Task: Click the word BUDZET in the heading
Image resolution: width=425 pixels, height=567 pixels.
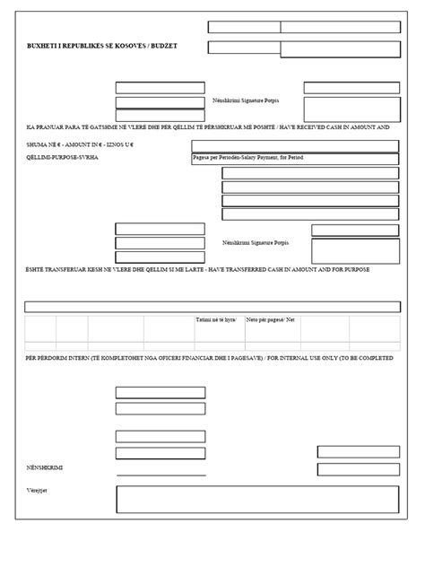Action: click(162, 45)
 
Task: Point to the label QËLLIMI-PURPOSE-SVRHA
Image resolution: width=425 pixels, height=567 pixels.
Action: click(63, 157)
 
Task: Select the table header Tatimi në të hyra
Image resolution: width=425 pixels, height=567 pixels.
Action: click(212, 319)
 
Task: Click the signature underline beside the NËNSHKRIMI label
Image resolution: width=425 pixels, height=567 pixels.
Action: click(160, 475)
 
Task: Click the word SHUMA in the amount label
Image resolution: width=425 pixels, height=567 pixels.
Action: click(39, 144)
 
